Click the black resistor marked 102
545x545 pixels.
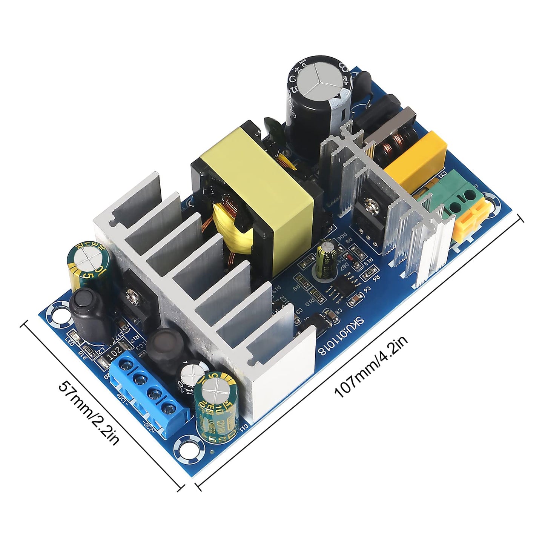point(115,351)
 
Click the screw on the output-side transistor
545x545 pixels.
point(133,296)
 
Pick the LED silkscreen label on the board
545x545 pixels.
point(69,340)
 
